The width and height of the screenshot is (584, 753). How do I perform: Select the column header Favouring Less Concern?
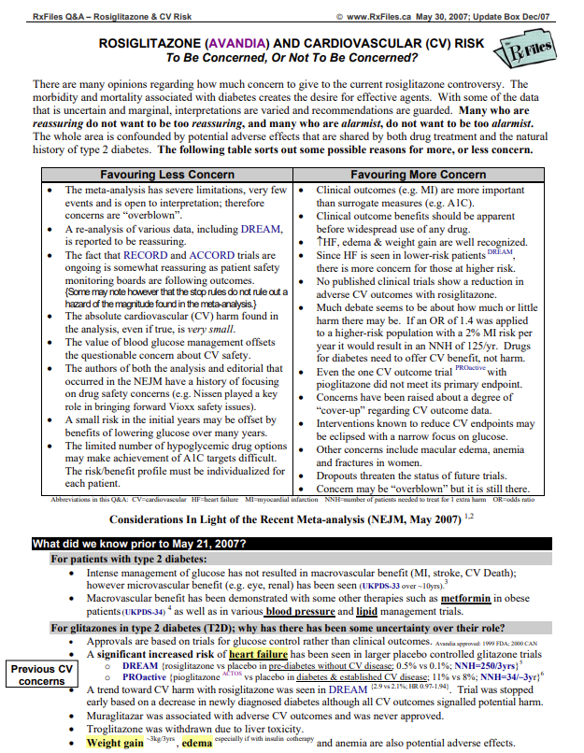coord(167,175)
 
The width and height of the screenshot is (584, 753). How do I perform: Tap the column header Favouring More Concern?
coord(431,175)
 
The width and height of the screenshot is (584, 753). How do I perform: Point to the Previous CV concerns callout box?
coord(41,675)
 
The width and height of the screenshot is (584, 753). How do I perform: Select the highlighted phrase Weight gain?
coord(116,744)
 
